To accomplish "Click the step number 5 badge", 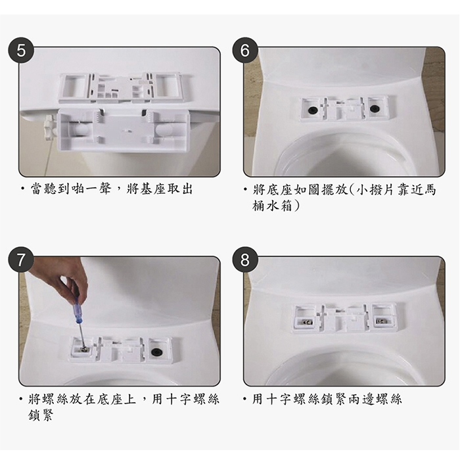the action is point(21,51).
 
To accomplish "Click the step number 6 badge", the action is point(245,51).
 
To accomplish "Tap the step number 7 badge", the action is point(21,260).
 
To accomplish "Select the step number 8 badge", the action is point(245,260).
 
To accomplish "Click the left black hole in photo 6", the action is point(312,110).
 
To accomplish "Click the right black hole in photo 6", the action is point(374,108).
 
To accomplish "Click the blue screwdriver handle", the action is point(78,310).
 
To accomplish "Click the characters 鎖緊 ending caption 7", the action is point(41,415).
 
